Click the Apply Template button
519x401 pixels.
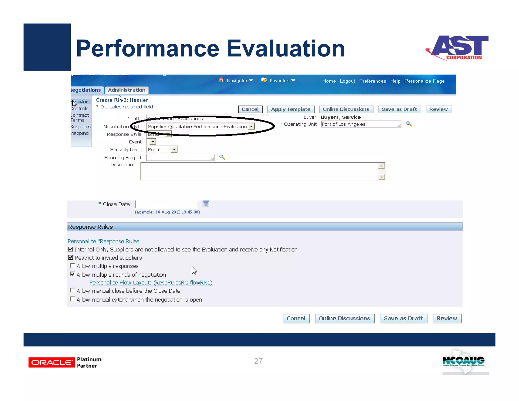[x=291, y=109]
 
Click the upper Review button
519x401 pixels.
[x=438, y=109]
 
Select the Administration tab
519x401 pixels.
[x=126, y=90]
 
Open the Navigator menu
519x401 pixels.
[x=239, y=81]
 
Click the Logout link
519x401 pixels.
[x=347, y=81]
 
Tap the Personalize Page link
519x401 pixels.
[x=424, y=81]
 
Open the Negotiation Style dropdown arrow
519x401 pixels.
[x=251, y=126]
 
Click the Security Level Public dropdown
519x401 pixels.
[x=162, y=150]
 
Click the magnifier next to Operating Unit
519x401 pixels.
[x=409, y=124]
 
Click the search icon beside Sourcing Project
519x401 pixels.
[x=222, y=157]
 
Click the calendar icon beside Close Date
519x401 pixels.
[x=206, y=204]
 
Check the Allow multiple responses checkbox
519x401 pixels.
[x=72, y=266]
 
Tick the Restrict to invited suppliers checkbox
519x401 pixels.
[x=70, y=258]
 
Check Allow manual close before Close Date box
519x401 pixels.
[x=72, y=290]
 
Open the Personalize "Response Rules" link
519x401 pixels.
[x=104, y=241]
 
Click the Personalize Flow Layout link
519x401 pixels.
[x=151, y=283]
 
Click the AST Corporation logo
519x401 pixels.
[x=457, y=48]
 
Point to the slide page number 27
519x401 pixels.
[x=258, y=361]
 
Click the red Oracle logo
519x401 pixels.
[x=51, y=362]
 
